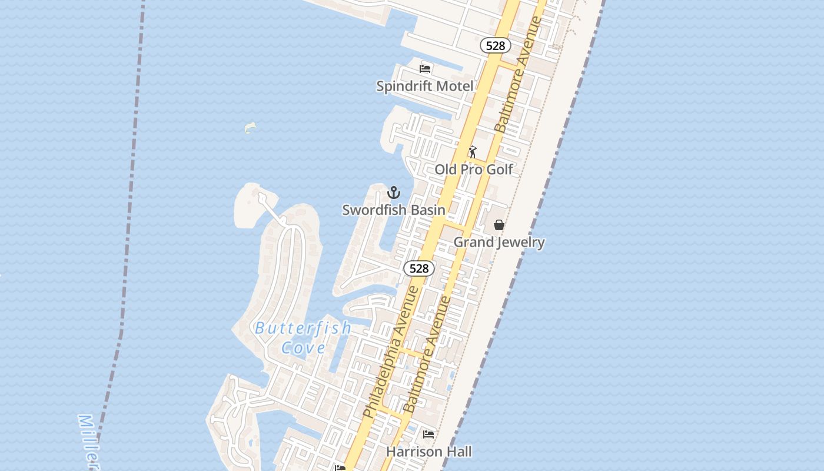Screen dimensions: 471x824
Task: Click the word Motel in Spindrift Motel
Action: tap(452, 86)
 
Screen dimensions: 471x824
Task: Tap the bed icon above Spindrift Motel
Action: tap(425, 68)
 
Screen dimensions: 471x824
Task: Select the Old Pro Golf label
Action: tap(474, 170)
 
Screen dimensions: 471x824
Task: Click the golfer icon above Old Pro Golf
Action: tap(472, 152)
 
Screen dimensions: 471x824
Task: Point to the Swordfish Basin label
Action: tap(393, 210)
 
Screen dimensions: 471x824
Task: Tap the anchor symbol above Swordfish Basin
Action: tap(394, 193)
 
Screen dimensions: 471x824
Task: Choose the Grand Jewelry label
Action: tap(499, 242)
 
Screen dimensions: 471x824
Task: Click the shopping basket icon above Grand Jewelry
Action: tap(499, 225)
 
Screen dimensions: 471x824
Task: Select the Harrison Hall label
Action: tap(428, 452)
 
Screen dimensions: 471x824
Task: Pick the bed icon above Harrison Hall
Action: tap(428, 434)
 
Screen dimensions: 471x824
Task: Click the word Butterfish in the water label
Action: tap(303, 328)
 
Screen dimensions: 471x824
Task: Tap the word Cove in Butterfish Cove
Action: tap(303, 347)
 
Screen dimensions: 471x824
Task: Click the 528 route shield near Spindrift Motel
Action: tap(495, 45)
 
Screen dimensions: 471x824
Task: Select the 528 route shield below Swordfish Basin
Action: tap(418, 268)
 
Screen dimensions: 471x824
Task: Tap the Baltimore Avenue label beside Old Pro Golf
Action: tap(518, 74)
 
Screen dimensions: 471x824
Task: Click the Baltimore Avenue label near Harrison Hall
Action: tap(427, 354)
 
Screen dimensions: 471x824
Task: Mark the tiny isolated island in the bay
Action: tap(250, 127)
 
